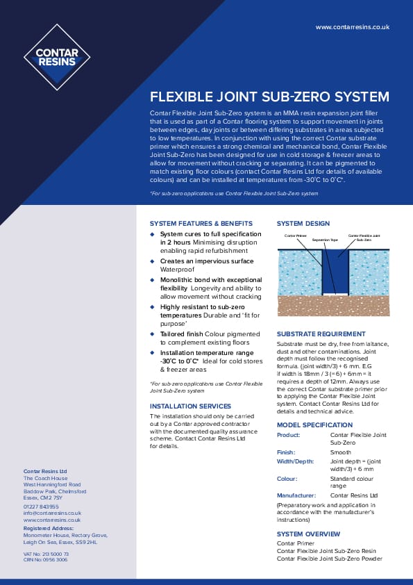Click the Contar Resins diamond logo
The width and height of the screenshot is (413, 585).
point(57,57)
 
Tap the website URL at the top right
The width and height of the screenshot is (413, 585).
point(352,26)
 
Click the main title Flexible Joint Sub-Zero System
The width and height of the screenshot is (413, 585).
point(270,97)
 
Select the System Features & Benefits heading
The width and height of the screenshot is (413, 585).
point(201,224)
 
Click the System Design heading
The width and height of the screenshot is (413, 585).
point(303,224)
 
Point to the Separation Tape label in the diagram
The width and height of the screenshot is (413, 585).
point(325,240)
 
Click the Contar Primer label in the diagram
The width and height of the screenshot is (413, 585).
point(296,236)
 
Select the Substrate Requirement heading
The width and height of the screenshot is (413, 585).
point(321,334)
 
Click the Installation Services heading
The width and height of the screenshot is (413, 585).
point(191,406)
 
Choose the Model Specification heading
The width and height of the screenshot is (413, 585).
point(314,425)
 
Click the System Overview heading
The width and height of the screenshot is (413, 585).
point(308,534)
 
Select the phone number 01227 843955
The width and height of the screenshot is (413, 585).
point(41,506)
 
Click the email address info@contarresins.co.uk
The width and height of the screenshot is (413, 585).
point(52,513)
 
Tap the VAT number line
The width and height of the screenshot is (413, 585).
point(46,553)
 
